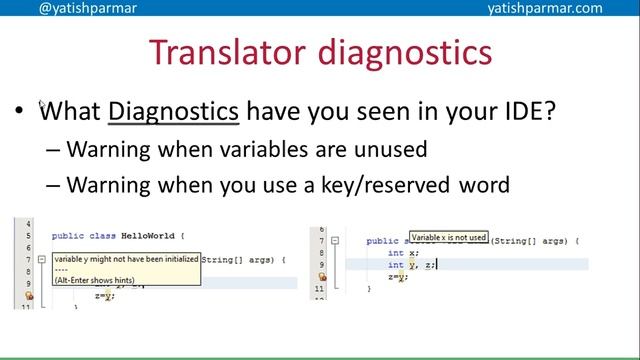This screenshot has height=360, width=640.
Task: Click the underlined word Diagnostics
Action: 173,109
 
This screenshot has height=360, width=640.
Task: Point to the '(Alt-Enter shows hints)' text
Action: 96,279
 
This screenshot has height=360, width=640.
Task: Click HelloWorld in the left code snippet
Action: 148,236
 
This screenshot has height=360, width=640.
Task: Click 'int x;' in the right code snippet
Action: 397,253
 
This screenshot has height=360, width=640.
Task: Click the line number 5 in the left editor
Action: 29,236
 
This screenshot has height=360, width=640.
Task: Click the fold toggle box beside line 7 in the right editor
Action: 336,241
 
